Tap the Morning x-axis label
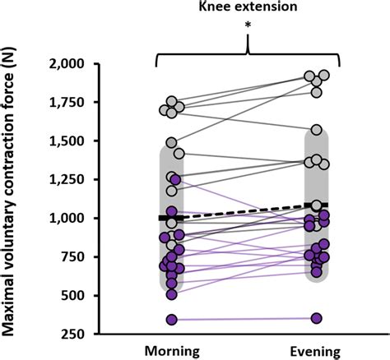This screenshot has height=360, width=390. pyautogui.click(x=172, y=348)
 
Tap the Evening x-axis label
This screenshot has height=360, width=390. pyautogui.click(x=318, y=348)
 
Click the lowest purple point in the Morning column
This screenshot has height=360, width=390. pyautogui.click(x=172, y=320)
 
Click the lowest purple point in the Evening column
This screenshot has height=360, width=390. pyautogui.click(x=317, y=318)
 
